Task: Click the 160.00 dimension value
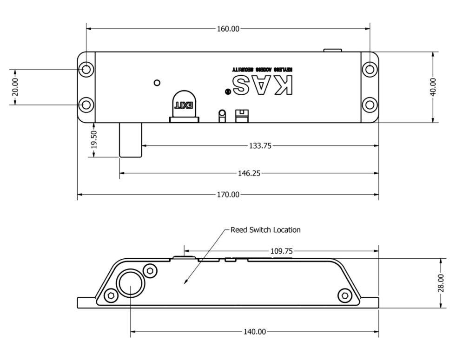click(228, 29)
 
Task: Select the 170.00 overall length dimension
click(228, 195)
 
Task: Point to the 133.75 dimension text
click(260, 146)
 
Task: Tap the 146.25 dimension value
click(249, 173)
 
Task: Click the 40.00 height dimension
click(433, 87)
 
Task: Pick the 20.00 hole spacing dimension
click(15, 87)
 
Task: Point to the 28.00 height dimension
click(441, 283)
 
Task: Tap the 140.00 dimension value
click(255, 332)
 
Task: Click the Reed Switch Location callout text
click(265, 230)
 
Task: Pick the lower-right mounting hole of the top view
click(370, 105)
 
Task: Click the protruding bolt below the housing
click(130, 139)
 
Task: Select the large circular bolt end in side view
click(131, 283)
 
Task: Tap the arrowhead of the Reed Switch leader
click(186, 282)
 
